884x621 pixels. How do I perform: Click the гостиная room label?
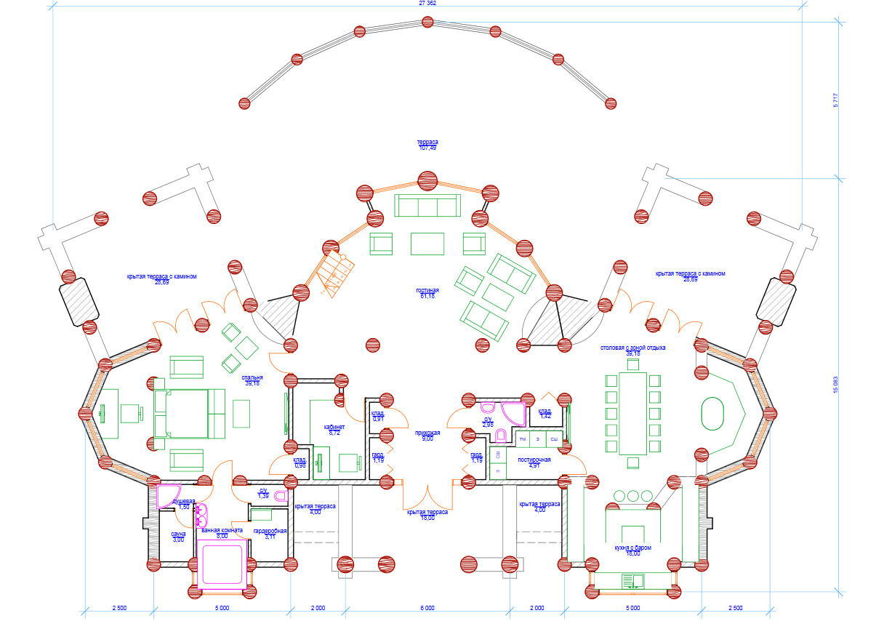[x=427, y=289]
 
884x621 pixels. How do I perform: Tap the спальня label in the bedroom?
[x=252, y=378]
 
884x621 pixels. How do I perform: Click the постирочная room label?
[x=534, y=460]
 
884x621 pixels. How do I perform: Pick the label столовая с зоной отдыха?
[x=632, y=348]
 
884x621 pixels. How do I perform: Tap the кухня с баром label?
[x=632, y=548]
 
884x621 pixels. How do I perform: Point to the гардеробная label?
[x=270, y=532]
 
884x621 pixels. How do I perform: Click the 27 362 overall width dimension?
[x=427, y=4]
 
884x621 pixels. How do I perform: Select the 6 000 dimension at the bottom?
[x=427, y=607]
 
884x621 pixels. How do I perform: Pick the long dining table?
[x=632, y=413]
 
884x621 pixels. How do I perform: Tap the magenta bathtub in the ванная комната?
[x=224, y=564]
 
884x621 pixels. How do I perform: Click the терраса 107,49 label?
[x=427, y=145]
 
